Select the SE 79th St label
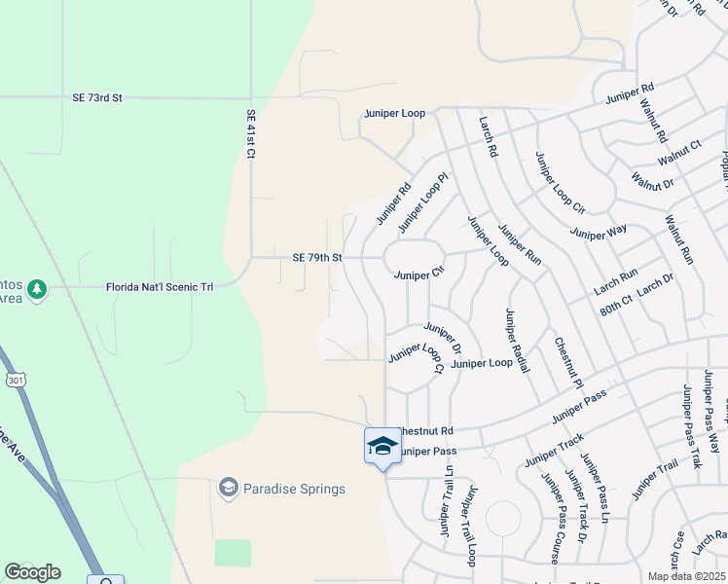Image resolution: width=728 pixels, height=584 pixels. pyautogui.click(x=317, y=258)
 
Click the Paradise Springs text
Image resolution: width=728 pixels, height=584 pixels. pyautogui.click(x=294, y=489)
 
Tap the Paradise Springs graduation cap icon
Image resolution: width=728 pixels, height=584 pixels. pyautogui.click(x=229, y=488)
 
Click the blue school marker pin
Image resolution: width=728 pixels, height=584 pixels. pyautogui.click(x=382, y=447)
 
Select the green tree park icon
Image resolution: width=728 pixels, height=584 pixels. pyautogui.click(x=37, y=289)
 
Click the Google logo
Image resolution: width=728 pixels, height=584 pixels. pyautogui.click(x=32, y=572)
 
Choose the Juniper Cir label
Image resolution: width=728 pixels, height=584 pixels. pyautogui.click(x=419, y=275)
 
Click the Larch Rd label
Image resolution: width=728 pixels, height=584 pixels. pyautogui.click(x=488, y=137)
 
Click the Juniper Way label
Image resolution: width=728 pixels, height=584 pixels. pyautogui.click(x=599, y=232)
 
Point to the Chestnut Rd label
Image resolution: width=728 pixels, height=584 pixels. pyautogui.click(x=426, y=430)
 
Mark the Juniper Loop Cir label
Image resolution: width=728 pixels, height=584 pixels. pyautogui.click(x=560, y=183)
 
